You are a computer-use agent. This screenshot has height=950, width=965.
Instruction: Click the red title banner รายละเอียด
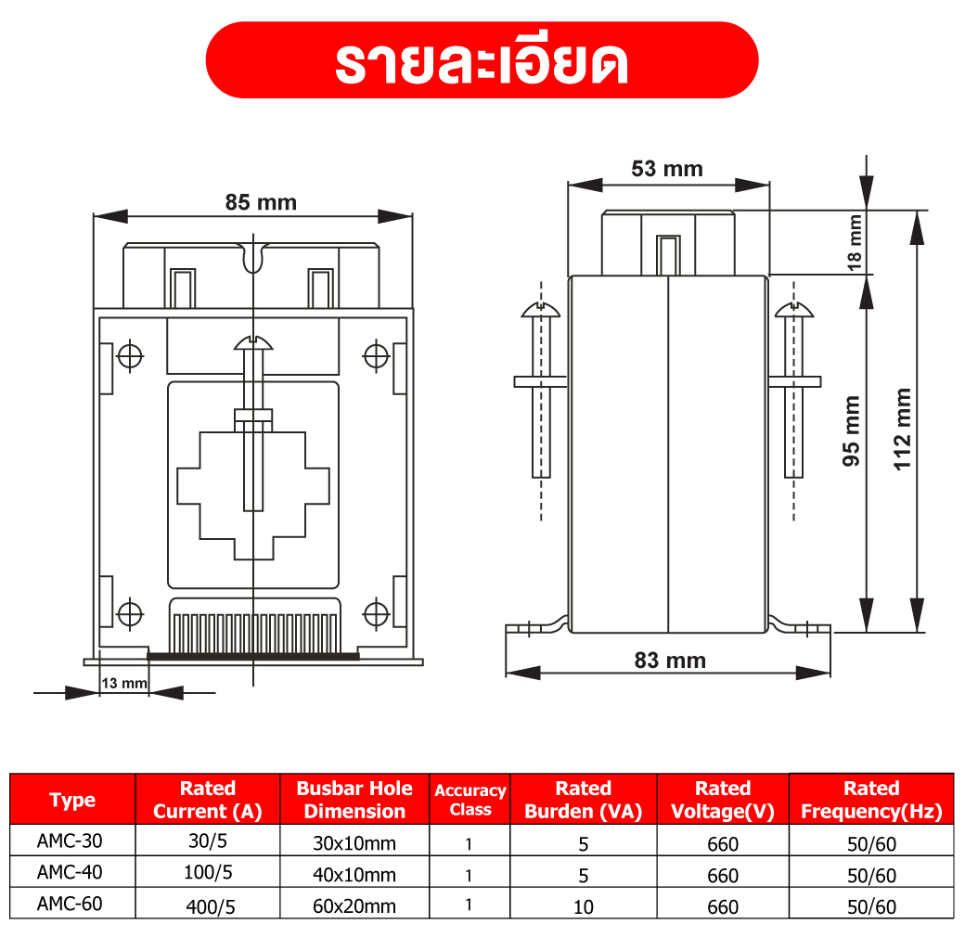482,60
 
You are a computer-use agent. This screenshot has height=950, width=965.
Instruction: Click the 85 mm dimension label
261,202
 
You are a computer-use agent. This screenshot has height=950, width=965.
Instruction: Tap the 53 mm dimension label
667,169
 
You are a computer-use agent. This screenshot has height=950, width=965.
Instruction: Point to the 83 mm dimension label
670,661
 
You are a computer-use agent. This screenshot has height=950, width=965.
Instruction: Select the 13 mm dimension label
124,684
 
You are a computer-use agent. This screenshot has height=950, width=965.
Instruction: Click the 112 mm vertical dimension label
902,429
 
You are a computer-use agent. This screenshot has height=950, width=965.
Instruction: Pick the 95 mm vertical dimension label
851,430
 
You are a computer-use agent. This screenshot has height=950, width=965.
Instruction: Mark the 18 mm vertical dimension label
855,243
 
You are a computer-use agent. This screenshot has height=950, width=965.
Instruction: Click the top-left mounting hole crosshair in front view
130,354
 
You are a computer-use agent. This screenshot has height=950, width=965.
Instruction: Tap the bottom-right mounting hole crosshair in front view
376,613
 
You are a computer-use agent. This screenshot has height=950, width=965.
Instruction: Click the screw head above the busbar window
253,343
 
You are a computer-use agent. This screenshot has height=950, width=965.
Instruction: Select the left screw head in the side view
540,310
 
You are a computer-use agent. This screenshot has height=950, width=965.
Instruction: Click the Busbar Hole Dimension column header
354,800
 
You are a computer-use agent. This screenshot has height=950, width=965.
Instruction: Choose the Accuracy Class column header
470,800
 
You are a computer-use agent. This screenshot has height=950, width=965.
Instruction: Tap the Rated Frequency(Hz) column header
871,800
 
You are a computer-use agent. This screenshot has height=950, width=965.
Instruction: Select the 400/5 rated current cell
209,906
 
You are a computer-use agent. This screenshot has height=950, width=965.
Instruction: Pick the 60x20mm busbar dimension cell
354,906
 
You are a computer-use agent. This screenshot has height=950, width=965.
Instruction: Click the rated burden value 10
584,906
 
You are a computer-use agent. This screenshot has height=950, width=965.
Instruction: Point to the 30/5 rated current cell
209,843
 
